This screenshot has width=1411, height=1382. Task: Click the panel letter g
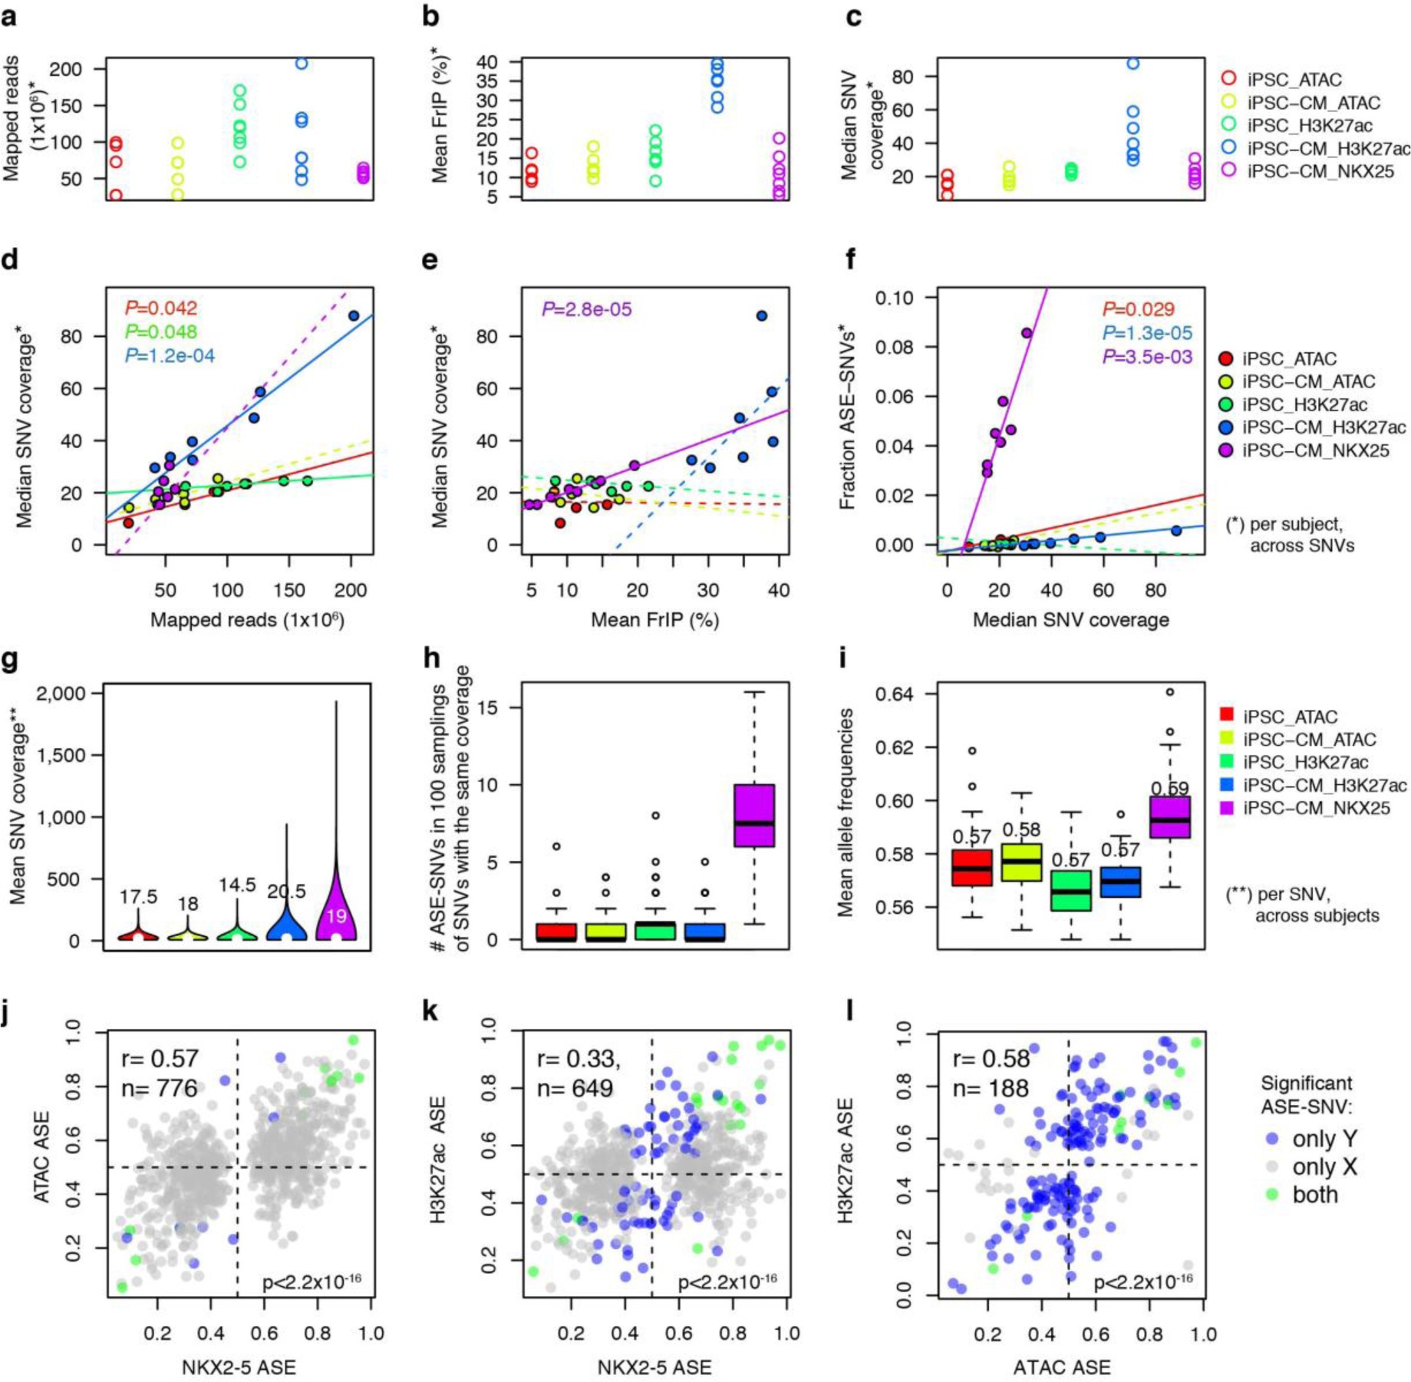(10, 661)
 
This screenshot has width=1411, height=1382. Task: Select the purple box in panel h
(754, 815)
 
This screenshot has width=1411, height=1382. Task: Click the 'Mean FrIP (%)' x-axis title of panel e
(654, 620)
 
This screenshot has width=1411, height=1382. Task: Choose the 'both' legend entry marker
(1273, 1194)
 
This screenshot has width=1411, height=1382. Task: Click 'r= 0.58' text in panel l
(991, 1058)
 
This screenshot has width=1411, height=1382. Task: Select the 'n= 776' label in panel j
(160, 1088)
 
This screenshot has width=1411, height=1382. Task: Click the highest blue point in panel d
(354, 316)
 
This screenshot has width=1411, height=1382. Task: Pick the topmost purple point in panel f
(1027, 333)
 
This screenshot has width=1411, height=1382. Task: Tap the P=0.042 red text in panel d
(161, 308)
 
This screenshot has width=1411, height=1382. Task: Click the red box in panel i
(972, 868)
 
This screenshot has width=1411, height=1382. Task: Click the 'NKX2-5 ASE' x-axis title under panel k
(654, 1367)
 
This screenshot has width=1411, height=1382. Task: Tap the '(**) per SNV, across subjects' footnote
(1302, 905)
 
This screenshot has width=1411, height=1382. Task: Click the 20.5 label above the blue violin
(286, 891)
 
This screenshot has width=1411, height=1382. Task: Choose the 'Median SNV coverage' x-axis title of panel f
(1070, 620)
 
